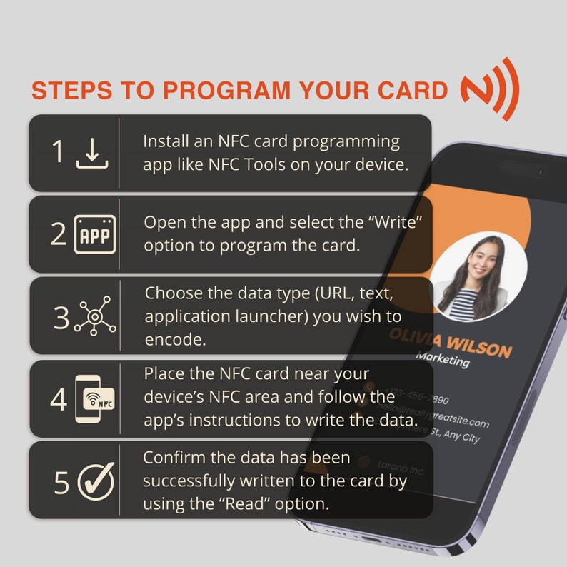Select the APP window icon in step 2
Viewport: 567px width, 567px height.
(94, 235)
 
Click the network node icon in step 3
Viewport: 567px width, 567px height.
(94, 316)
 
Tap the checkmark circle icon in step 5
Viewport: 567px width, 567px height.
(95, 481)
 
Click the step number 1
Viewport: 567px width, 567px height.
(58, 152)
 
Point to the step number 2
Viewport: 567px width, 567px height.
(58, 235)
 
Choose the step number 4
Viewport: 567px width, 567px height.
(58, 399)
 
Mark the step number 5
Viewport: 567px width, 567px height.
(61, 483)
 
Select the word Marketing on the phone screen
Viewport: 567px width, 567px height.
(443, 359)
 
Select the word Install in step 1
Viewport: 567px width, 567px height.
(166, 141)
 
